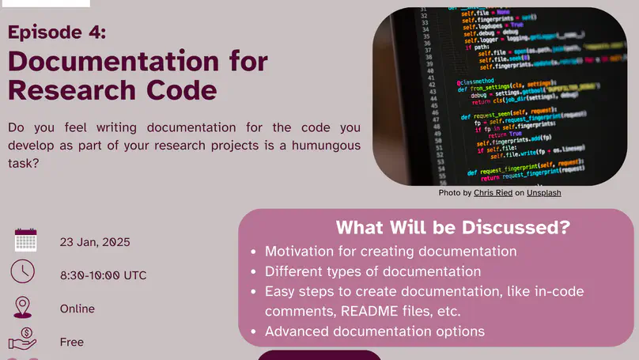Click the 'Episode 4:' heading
[x=56, y=32]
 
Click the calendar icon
[x=25, y=241]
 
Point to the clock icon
[x=23, y=272]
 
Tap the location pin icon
[x=23, y=307]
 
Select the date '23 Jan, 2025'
[x=95, y=242]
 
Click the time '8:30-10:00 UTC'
[x=103, y=275]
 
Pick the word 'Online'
[x=77, y=309]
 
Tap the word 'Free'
[x=71, y=342]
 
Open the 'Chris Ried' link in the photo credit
[x=493, y=193]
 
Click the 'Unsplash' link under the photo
[x=544, y=193]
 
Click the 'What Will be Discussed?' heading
[x=452, y=228]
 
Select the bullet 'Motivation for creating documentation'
[x=391, y=252]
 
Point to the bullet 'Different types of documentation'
[x=372, y=271]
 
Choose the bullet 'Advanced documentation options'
[x=375, y=331]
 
